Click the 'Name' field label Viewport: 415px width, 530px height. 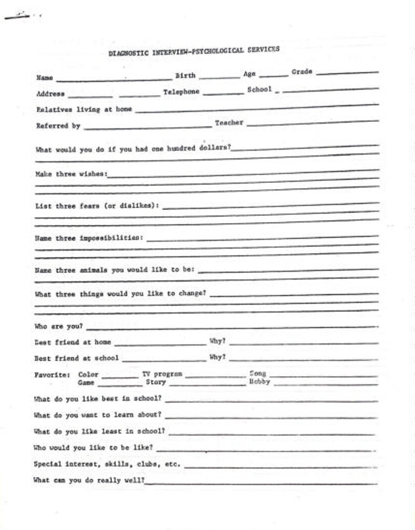[x=44, y=78]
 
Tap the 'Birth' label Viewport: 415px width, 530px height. [x=185, y=76]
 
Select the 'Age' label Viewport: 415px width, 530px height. [x=249, y=74]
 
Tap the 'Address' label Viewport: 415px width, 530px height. [x=50, y=93]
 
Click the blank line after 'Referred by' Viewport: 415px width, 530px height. [x=146, y=125]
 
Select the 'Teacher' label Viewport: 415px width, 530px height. [x=229, y=123]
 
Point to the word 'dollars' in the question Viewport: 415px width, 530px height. [x=212, y=148]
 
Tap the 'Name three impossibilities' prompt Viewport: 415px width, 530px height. [x=88, y=237]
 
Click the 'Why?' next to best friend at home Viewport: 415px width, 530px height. [x=218, y=342]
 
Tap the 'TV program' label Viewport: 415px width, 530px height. [x=162, y=374]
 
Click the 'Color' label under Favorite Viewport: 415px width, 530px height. [x=88, y=375]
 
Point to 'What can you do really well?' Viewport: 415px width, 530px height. [x=89, y=480]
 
